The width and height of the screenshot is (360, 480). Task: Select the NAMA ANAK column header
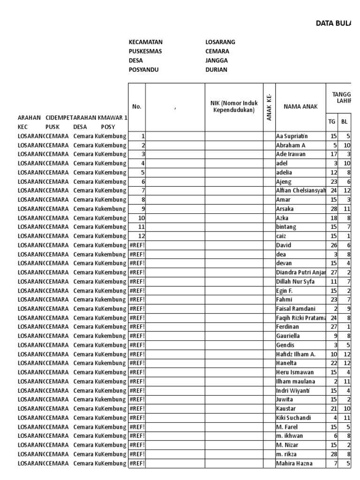300,106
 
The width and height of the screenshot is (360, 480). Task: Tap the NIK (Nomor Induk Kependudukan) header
234,106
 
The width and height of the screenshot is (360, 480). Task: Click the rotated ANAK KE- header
269,107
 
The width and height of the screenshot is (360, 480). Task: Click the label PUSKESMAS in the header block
145,52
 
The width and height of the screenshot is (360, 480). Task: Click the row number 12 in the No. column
141,236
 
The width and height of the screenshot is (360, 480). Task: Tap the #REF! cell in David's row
137,245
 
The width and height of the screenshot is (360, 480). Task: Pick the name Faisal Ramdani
296,309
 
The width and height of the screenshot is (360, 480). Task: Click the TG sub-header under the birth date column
332,121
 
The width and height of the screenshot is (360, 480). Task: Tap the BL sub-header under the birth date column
345,121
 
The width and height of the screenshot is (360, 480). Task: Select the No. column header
137,106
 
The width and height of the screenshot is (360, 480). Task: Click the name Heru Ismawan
295,373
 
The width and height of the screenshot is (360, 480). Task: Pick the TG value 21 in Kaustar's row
333,409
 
